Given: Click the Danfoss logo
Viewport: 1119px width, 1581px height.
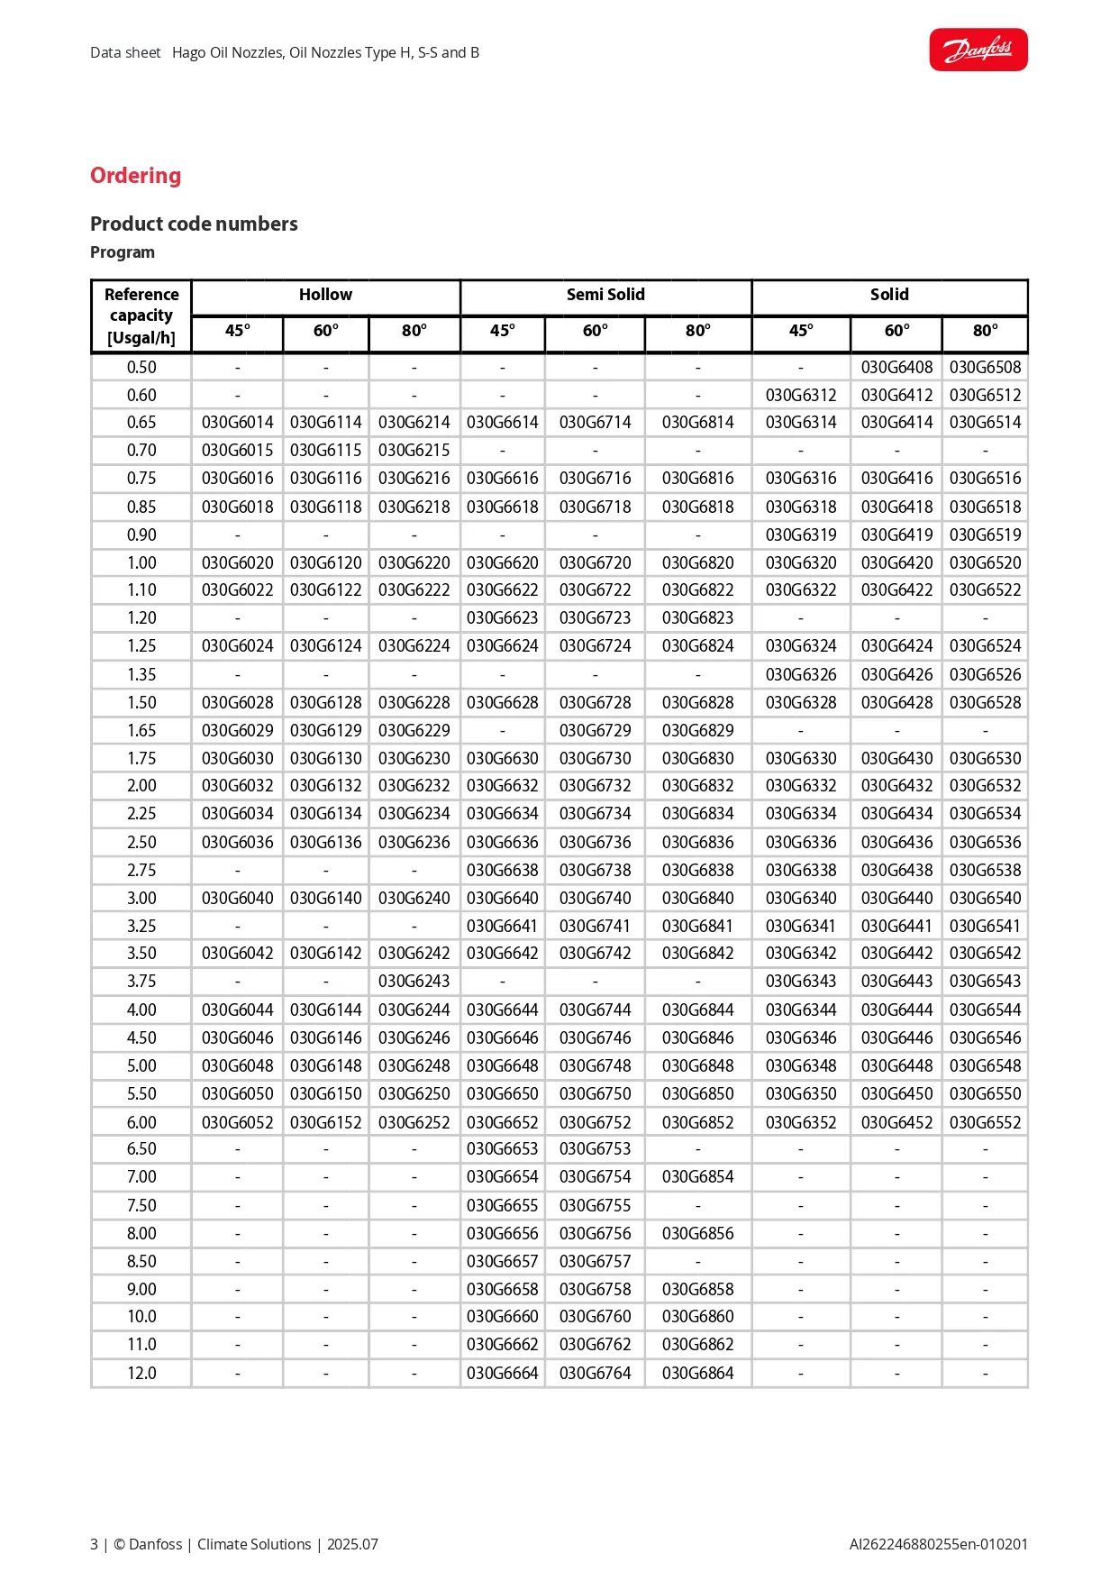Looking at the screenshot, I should [x=978, y=50].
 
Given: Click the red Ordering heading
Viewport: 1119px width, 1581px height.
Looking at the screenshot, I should [x=135, y=176].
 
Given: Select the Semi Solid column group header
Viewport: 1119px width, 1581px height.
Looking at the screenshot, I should [x=605, y=295].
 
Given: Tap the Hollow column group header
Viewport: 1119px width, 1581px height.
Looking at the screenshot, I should [x=325, y=295].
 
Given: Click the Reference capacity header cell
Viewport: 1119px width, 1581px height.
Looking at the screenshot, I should [x=141, y=315].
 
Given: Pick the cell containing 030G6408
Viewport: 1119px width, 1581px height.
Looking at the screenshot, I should [x=896, y=367].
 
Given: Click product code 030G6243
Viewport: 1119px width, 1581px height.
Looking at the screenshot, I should [x=414, y=981].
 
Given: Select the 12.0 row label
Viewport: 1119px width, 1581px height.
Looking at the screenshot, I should [x=141, y=1373].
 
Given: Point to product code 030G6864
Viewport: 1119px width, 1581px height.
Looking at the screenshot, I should [x=697, y=1373].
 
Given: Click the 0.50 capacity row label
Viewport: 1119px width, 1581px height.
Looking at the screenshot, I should [x=141, y=367].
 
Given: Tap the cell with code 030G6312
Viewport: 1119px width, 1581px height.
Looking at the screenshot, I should [x=801, y=395].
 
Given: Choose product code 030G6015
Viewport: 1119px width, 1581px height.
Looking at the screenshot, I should [x=237, y=450].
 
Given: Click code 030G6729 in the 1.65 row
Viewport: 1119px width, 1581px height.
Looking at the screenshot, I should [x=595, y=730].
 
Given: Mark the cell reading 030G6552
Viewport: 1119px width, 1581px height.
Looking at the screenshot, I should [x=985, y=1122].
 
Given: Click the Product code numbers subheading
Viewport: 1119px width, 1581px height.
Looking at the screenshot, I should [x=194, y=224].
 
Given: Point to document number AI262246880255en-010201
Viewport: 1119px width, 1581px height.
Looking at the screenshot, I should [x=938, y=1544].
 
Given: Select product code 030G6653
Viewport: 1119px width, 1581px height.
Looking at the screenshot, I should [x=502, y=1148].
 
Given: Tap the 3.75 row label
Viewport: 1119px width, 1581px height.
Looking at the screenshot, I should [x=141, y=981].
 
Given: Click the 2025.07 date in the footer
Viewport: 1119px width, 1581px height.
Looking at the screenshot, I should [x=352, y=1544].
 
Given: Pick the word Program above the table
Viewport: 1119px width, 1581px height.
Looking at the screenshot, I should [x=123, y=252].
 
